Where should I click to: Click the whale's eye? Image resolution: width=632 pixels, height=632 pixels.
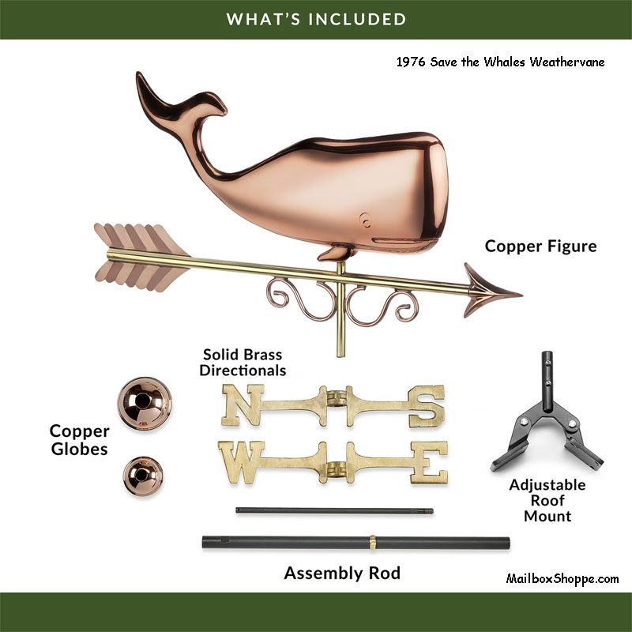pos(364,216)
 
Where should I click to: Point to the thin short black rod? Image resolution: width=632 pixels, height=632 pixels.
pos(335,511)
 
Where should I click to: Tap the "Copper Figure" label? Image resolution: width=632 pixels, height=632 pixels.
pos(540,246)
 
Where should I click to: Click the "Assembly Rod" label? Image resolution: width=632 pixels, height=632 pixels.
pos(342,573)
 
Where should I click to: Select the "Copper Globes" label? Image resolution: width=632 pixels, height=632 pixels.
pos(79,440)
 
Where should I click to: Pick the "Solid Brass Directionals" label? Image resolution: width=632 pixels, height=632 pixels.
pos(243,363)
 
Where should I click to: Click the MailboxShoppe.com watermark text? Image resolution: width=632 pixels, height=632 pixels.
pos(562,578)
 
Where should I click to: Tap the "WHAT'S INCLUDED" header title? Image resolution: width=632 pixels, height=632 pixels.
pos(316,18)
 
